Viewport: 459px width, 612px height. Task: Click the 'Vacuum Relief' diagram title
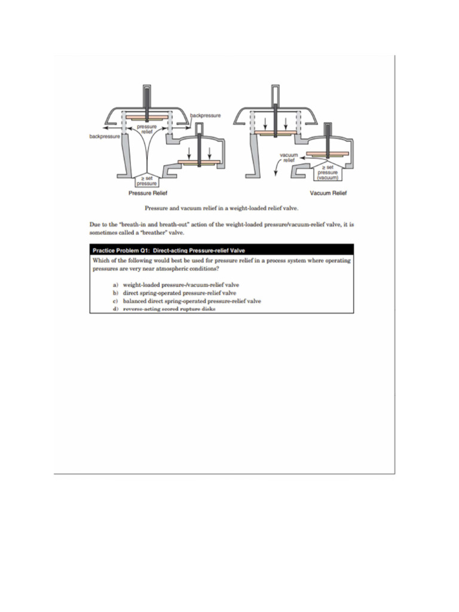point(328,194)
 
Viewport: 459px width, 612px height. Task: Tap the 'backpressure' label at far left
point(104,136)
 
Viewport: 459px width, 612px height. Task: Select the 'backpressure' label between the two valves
point(205,115)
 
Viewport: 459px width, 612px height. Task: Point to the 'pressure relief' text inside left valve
point(147,129)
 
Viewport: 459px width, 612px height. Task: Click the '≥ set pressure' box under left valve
point(146,180)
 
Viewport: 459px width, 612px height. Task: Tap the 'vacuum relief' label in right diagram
point(289,157)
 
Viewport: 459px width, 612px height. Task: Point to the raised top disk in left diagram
point(146,115)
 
